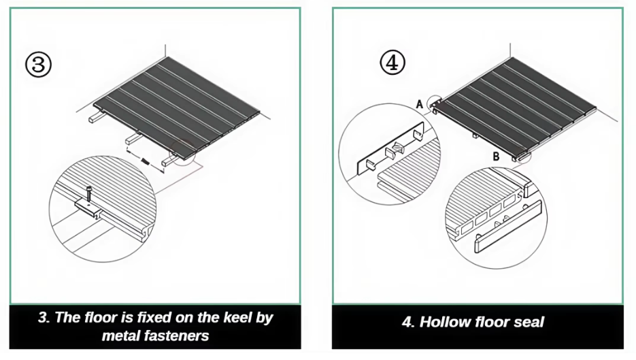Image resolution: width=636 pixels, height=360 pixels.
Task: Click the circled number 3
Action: (x=39, y=65)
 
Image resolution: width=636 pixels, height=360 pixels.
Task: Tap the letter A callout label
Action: (x=420, y=103)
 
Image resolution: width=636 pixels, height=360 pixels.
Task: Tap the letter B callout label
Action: (x=497, y=157)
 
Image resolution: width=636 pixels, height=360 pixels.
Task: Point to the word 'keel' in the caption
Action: (x=233, y=317)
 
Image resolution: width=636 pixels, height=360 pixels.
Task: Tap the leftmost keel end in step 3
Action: (x=91, y=119)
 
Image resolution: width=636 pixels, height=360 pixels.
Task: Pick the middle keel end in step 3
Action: (x=129, y=141)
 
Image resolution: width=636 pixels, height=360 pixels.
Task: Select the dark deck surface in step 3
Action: (x=177, y=102)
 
